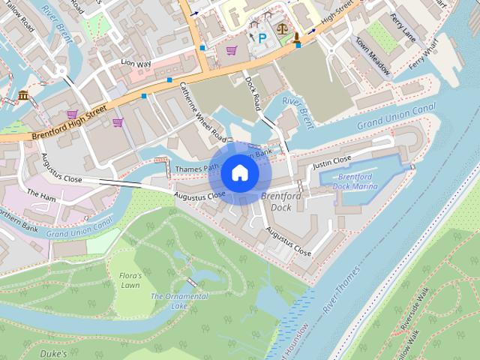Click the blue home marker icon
pos(239,173)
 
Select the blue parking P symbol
pos(262,37)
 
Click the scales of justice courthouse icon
pos(282,30)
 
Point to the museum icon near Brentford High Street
pos(24,95)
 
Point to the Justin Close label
pos(331,160)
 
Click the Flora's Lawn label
pos(130,280)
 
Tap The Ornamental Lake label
pos(179,301)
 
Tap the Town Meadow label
pos(373,57)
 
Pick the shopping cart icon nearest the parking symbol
pos(232,50)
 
